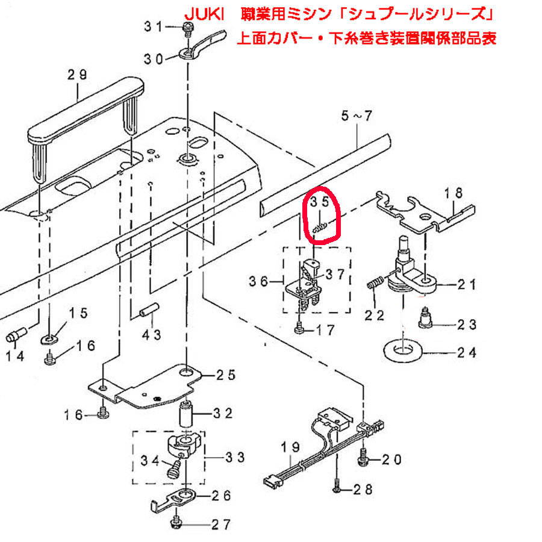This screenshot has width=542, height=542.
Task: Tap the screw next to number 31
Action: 186,27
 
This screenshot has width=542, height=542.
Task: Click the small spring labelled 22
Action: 375,283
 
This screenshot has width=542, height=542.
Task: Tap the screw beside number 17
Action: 299,329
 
